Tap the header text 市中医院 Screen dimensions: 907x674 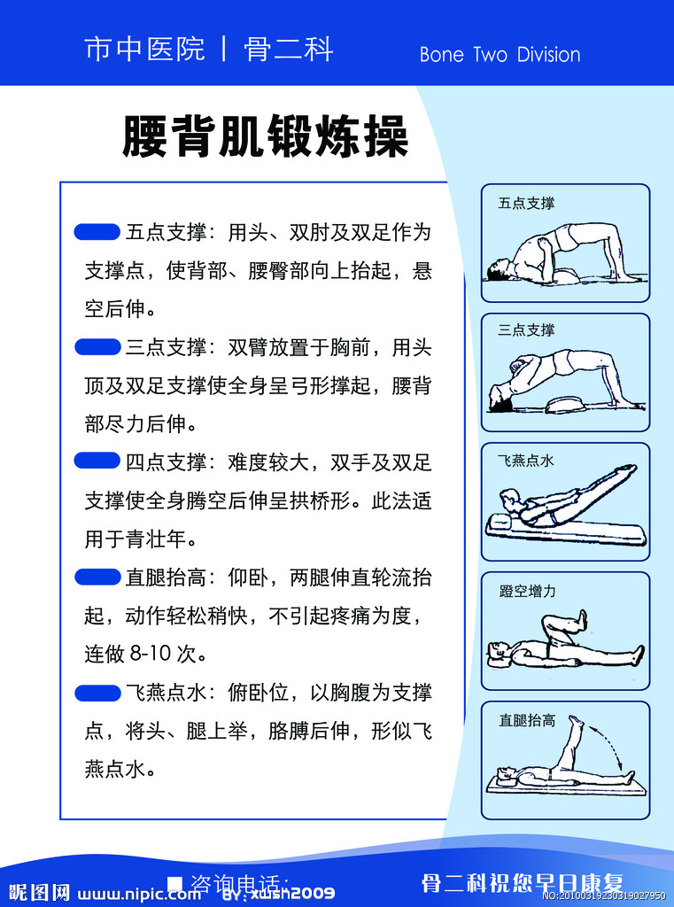144,49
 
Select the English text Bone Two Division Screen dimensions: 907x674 500,55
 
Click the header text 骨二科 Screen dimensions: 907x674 289,49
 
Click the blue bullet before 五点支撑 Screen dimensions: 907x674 97,232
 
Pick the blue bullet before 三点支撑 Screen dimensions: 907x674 97,346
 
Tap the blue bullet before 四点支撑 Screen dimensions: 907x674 97,461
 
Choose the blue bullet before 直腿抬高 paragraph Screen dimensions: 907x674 97,578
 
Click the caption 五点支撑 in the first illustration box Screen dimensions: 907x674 526,204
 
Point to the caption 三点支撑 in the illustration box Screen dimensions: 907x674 526,330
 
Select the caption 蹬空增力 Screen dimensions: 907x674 527,591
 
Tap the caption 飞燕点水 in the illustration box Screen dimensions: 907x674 526,461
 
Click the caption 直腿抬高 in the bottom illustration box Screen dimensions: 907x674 527,720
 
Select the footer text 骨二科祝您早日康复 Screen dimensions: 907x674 522,883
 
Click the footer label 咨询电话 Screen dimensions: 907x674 239,884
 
